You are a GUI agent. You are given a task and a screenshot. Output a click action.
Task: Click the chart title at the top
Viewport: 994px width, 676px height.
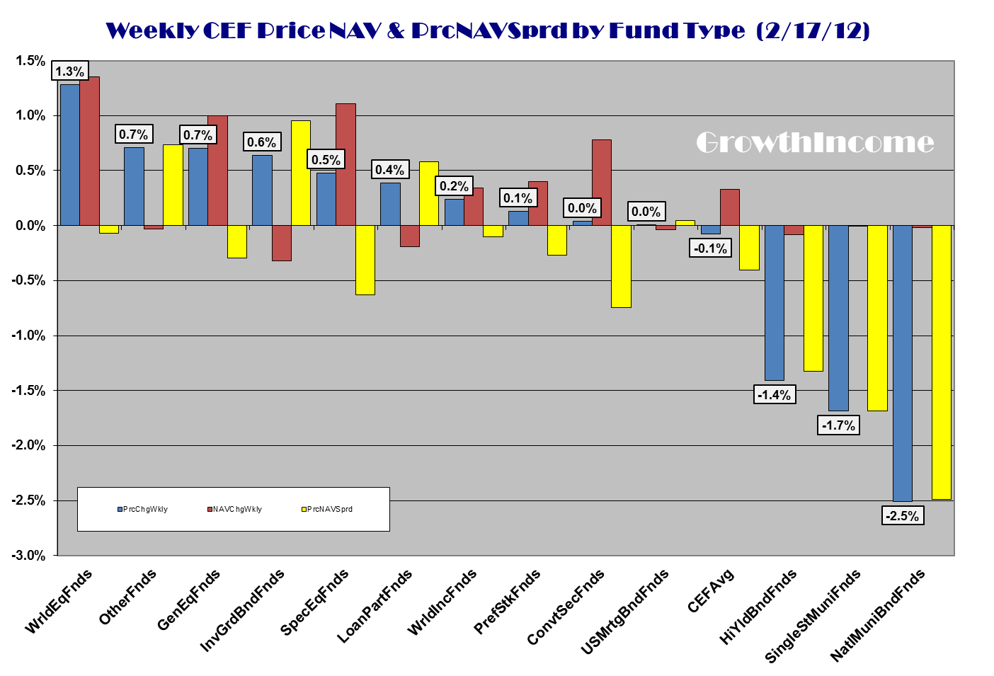487,30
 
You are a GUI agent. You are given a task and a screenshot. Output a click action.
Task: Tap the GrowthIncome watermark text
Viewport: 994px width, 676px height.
815,142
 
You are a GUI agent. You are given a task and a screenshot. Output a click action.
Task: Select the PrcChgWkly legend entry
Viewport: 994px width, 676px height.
143,509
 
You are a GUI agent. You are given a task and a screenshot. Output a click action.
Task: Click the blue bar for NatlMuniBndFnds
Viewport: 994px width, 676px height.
902,363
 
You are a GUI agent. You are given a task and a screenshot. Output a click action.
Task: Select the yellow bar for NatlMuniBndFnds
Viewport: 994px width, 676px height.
941,362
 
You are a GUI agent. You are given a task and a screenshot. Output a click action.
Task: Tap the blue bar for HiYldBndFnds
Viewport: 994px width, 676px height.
774,303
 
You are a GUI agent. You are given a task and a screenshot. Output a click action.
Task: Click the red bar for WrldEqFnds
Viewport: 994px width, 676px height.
89,151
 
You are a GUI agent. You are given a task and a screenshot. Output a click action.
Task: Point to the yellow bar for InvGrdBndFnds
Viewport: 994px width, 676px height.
300,173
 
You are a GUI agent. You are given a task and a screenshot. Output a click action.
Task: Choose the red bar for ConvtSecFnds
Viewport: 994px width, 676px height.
601,183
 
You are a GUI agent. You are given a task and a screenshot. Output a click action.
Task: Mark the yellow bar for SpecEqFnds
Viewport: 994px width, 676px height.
365,260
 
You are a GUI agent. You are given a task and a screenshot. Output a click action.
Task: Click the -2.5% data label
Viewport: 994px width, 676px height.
902,516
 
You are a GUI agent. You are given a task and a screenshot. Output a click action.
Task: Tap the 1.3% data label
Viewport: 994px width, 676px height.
69,71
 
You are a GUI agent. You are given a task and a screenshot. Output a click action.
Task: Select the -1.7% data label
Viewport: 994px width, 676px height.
838,425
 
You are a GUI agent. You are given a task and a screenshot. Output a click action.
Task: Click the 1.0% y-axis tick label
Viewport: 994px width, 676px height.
30,115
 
